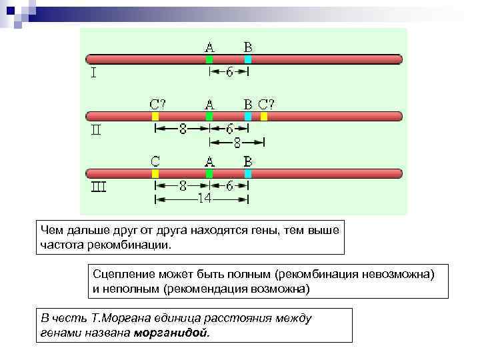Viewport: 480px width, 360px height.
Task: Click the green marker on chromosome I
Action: (209, 59)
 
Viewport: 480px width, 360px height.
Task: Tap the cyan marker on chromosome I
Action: (247, 59)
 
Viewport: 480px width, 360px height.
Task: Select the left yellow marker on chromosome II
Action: (155, 116)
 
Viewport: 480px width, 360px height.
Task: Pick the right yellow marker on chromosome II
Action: (264, 116)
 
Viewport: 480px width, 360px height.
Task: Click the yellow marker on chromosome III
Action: (155, 173)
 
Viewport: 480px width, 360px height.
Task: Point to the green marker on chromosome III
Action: (209, 173)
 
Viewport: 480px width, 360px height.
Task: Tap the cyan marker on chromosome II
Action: (247, 116)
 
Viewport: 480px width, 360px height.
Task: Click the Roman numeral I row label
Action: (94, 74)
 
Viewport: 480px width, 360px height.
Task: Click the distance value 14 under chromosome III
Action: (203, 198)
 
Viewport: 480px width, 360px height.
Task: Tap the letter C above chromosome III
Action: (155, 161)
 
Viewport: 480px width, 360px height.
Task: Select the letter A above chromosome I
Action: (209, 47)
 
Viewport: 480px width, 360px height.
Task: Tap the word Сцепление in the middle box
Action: (119, 274)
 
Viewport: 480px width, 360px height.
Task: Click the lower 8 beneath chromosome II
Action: (237, 142)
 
